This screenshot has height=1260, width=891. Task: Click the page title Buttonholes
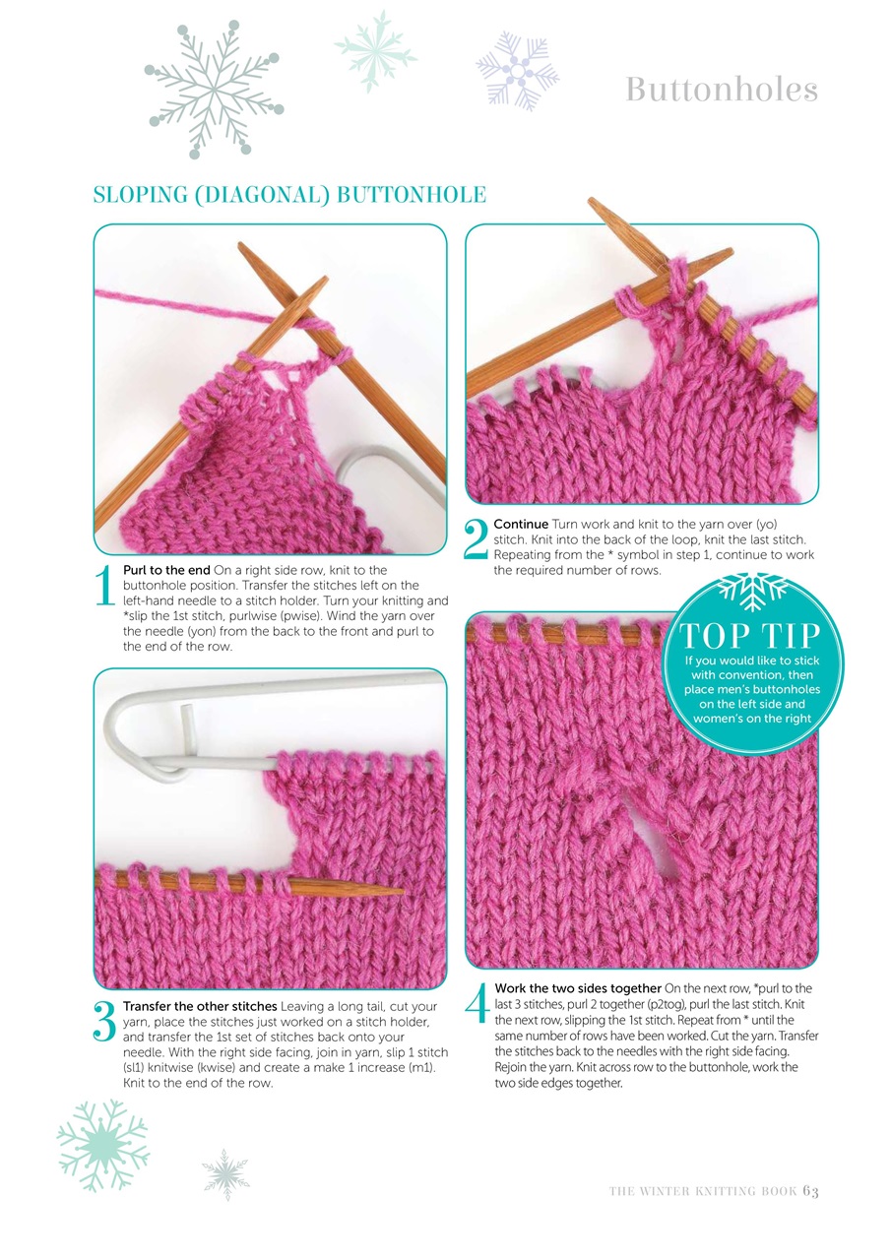722,91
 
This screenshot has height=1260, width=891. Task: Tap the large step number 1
105,589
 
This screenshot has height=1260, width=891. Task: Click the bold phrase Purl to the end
166,570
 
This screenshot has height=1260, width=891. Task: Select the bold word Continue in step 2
521,524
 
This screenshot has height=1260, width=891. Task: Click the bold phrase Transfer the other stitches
200,1007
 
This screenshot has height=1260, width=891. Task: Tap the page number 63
810,1191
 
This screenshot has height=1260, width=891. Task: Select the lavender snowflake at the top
517,69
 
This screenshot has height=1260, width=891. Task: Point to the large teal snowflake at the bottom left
102,1145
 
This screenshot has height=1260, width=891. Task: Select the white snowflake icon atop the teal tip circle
753,589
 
